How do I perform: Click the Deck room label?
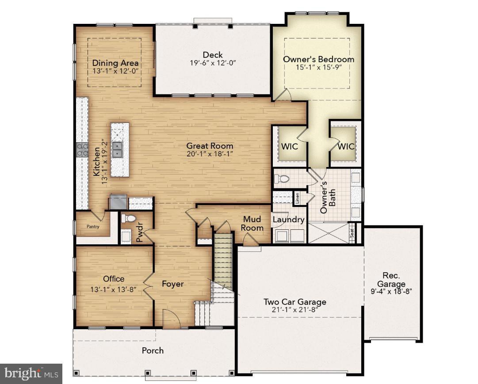click(213, 55)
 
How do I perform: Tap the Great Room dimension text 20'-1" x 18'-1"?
click(210, 154)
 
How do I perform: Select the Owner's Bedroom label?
click(318, 59)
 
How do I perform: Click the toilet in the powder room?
click(129, 218)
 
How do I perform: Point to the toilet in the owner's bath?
click(282, 179)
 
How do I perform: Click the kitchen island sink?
click(118, 150)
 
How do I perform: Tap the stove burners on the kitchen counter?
click(82, 149)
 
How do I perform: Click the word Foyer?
click(172, 284)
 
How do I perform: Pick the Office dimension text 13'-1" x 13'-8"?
click(113, 289)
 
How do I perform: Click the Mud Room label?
click(252, 224)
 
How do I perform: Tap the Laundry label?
click(288, 220)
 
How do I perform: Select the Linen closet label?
click(298, 198)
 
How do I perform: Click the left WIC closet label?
click(287, 146)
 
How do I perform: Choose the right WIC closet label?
click(346, 146)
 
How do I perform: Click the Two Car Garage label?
click(295, 302)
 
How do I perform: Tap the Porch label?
click(153, 350)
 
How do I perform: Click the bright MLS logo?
click(31, 374)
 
